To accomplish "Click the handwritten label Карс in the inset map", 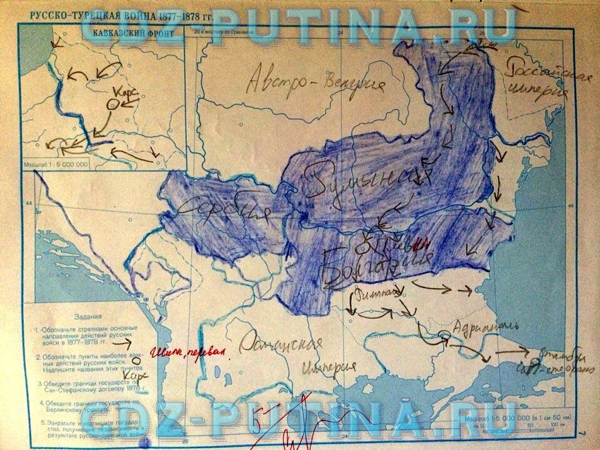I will [126, 92].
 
